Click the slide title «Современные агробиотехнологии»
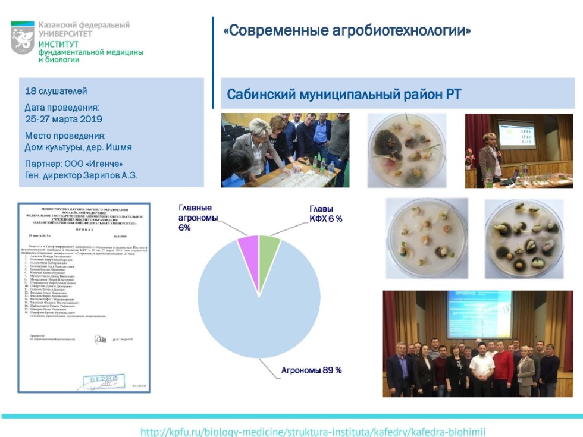(347, 30)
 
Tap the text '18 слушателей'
(56, 91)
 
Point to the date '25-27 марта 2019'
(64, 119)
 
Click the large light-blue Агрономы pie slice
(259, 309)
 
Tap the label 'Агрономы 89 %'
(311, 370)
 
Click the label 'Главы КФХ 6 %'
(325, 214)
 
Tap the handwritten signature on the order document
(100, 339)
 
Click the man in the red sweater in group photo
(503, 369)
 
